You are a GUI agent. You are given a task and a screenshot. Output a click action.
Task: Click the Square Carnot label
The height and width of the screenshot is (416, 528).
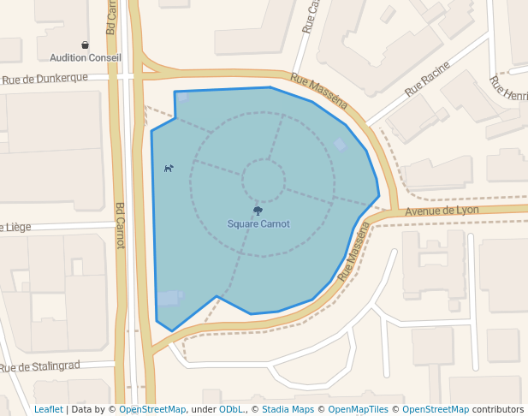258,224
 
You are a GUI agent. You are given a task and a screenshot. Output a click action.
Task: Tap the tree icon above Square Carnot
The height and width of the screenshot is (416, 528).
258,211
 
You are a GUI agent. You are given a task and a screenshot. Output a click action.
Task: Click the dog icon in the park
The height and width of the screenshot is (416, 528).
169,168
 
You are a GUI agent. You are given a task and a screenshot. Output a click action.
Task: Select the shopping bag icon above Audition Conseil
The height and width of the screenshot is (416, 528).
85,45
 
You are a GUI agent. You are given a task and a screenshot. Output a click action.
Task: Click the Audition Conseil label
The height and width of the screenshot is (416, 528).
86,57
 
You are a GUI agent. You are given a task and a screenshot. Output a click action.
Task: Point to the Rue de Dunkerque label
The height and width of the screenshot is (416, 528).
44,79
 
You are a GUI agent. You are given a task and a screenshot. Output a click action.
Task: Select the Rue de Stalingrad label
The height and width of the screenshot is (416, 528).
40,367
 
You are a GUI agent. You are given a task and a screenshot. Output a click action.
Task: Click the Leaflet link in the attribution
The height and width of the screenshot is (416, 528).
48,409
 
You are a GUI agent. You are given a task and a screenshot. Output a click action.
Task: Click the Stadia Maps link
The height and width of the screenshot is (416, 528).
288,409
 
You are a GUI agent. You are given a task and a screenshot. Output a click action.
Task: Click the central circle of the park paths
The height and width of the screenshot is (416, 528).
263,180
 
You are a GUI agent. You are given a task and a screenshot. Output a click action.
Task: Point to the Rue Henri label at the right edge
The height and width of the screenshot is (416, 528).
508,88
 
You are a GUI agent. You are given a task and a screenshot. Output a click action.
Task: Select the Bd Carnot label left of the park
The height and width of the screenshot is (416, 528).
120,225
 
